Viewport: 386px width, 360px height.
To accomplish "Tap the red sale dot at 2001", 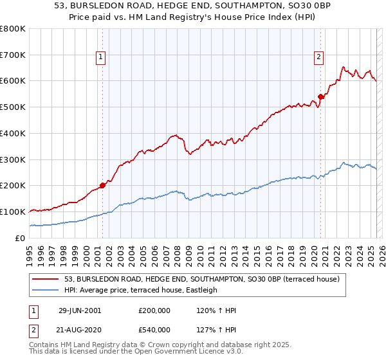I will [103, 185].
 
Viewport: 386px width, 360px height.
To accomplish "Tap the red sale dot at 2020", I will [320, 96].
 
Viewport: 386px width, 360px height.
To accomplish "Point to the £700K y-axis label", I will [13, 55].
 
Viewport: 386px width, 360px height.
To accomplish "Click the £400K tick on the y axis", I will [13, 133].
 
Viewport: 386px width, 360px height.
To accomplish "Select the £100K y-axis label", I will [13, 212].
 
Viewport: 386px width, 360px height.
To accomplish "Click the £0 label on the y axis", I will [19, 238].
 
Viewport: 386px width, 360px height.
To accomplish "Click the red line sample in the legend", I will [46, 278].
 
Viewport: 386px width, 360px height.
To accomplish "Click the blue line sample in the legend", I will [46, 290].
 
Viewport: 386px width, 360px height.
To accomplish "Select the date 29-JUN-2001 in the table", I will [80, 310].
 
